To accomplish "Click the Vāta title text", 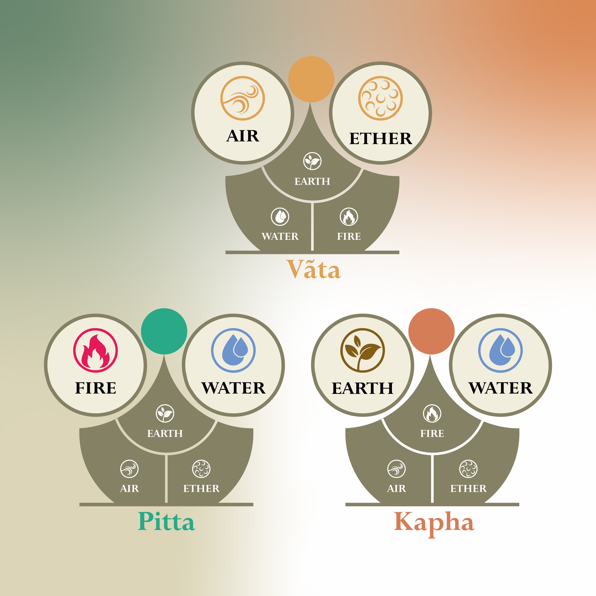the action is tap(313, 269).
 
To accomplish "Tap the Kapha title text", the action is tap(434, 524).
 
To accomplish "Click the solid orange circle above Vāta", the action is tap(311, 79).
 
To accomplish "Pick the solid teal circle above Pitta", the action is tap(164, 331).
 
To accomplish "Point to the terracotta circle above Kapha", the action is tap(431, 331).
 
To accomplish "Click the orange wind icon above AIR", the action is tap(242, 98).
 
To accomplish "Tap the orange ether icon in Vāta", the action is tap(380, 98).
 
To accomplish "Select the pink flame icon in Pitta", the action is tap(95, 350).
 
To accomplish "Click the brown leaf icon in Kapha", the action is tap(362, 350).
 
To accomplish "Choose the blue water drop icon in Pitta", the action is tap(233, 350).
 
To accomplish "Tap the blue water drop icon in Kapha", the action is tap(500, 350).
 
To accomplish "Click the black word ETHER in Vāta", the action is tap(380, 139).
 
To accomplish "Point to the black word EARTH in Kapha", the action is tap(362, 388).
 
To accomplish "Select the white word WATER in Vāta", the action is tap(280, 236).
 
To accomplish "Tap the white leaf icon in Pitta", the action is tap(165, 413).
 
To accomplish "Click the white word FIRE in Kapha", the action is tap(432, 433).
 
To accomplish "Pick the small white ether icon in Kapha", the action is tap(468, 469).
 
